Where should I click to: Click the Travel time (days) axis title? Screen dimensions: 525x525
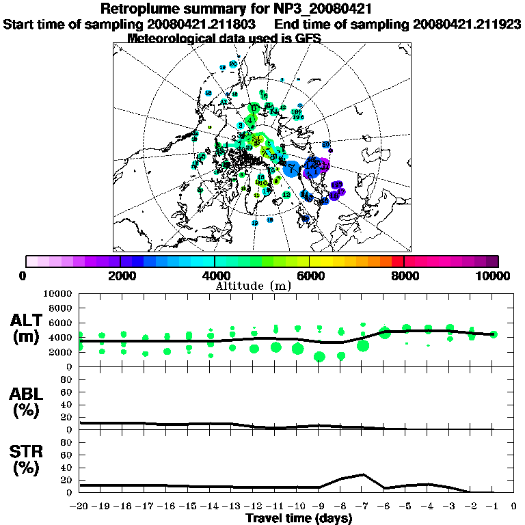click(299, 519)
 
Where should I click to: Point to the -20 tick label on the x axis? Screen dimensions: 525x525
click(80, 507)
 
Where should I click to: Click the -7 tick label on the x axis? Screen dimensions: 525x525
click(362, 507)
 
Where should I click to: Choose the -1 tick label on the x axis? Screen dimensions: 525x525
click(493, 507)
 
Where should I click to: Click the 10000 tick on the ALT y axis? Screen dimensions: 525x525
click(58, 293)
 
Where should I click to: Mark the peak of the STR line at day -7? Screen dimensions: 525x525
click(363, 474)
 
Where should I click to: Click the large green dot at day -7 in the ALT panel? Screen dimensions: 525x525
click(363, 346)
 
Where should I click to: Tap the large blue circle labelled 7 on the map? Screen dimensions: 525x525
click(291, 168)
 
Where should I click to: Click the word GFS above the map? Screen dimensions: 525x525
click(308, 38)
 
